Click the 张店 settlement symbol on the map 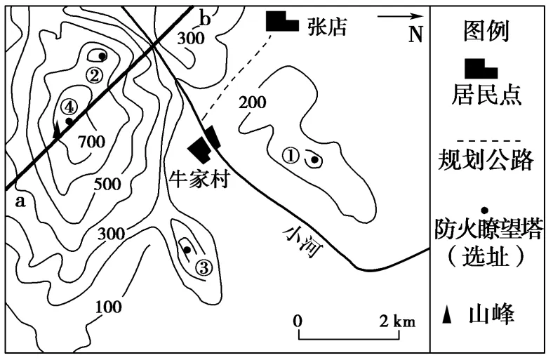click(281, 21)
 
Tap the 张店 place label click(327, 26)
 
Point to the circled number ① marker click(291, 156)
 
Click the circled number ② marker click(94, 75)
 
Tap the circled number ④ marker click(68, 107)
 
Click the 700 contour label click(92, 141)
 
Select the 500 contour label click(108, 184)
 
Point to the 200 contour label click(253, 102)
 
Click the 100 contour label click(109, 307)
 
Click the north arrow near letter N click(400, 16)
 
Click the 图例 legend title click(486, 31)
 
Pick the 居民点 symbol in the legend click(481, 69)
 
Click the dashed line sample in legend click(485, 141)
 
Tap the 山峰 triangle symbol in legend click(447, 314)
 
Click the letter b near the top click(205, 18)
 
